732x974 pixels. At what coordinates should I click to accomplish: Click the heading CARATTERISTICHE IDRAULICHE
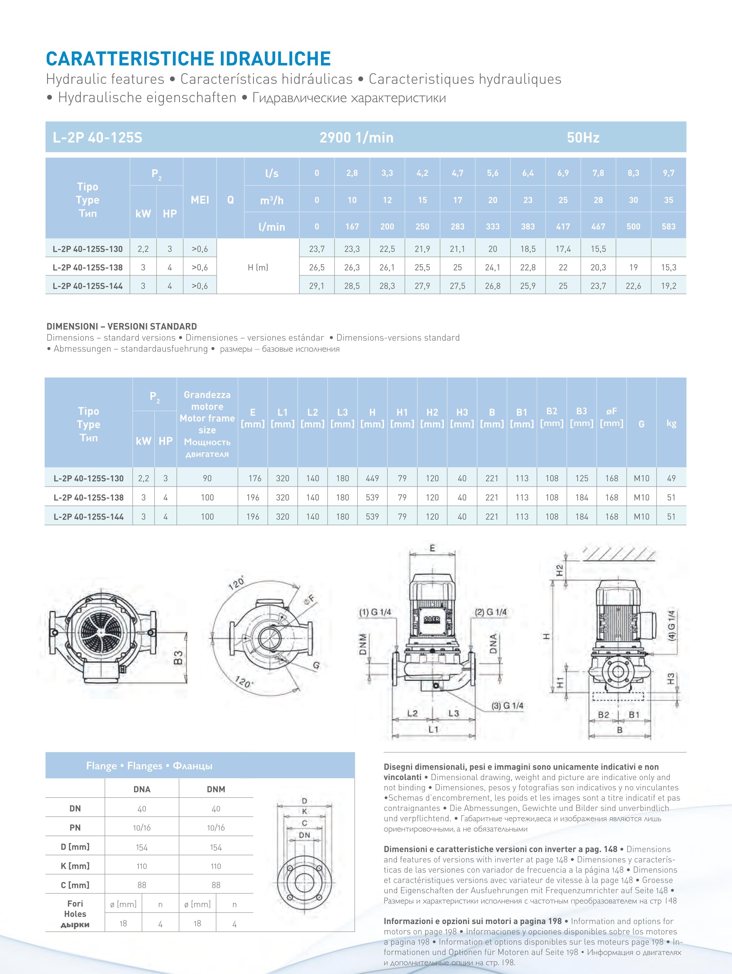tap(188, 58)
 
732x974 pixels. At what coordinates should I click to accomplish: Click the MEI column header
tap(200, 200)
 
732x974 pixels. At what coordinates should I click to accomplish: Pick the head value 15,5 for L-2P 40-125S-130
tap(598, 249)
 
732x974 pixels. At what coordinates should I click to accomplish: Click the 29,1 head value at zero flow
tap(317, 286)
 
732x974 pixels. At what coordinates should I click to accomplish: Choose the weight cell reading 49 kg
tap(671, 478)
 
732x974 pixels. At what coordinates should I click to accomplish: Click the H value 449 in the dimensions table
tap(372, 478)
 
